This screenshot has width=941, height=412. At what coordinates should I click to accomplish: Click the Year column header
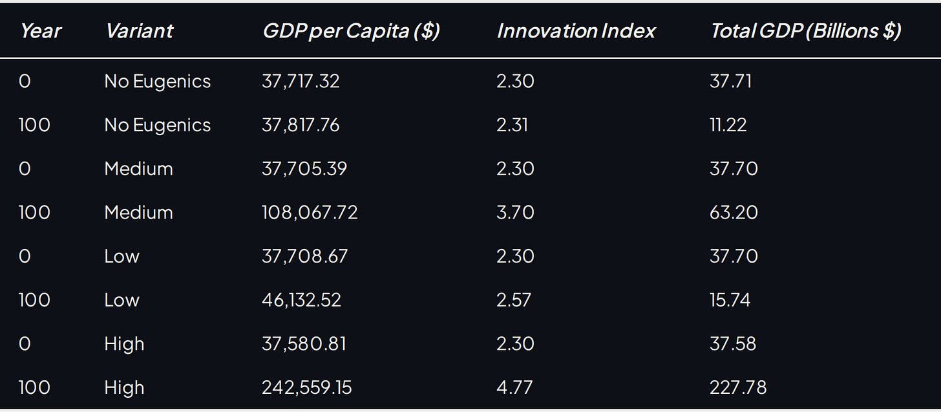[41, 31]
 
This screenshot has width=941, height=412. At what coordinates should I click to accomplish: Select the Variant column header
[140, 31]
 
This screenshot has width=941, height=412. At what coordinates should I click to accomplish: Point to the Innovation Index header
[576, 31]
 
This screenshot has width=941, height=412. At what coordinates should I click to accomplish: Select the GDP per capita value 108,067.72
[310, 212]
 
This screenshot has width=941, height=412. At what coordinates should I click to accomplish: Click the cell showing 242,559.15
[306, 387]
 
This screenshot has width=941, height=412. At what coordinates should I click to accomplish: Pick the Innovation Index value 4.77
[514, 387]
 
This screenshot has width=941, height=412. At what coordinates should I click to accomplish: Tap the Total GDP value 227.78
[738, 387]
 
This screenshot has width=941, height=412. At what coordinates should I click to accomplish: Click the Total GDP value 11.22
[728, 125]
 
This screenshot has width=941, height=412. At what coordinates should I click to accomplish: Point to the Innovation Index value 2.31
[512, 125]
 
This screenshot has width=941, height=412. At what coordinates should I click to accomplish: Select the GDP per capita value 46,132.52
[301, 299]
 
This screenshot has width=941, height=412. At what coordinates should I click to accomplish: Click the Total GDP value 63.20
[734, 212]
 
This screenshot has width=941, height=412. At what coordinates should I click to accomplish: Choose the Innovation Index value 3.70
[515, 212]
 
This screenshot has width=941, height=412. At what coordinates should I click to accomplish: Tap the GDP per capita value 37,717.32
[301, 81]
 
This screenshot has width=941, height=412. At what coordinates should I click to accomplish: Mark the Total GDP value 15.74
[730, 299]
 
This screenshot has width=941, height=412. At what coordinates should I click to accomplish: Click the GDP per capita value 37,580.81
[304, 343]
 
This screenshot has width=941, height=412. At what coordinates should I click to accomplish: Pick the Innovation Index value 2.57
[514, 299]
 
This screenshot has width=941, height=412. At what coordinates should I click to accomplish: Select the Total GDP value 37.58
[733, 343]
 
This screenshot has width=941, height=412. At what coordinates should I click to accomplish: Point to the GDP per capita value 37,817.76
[301, 125]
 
